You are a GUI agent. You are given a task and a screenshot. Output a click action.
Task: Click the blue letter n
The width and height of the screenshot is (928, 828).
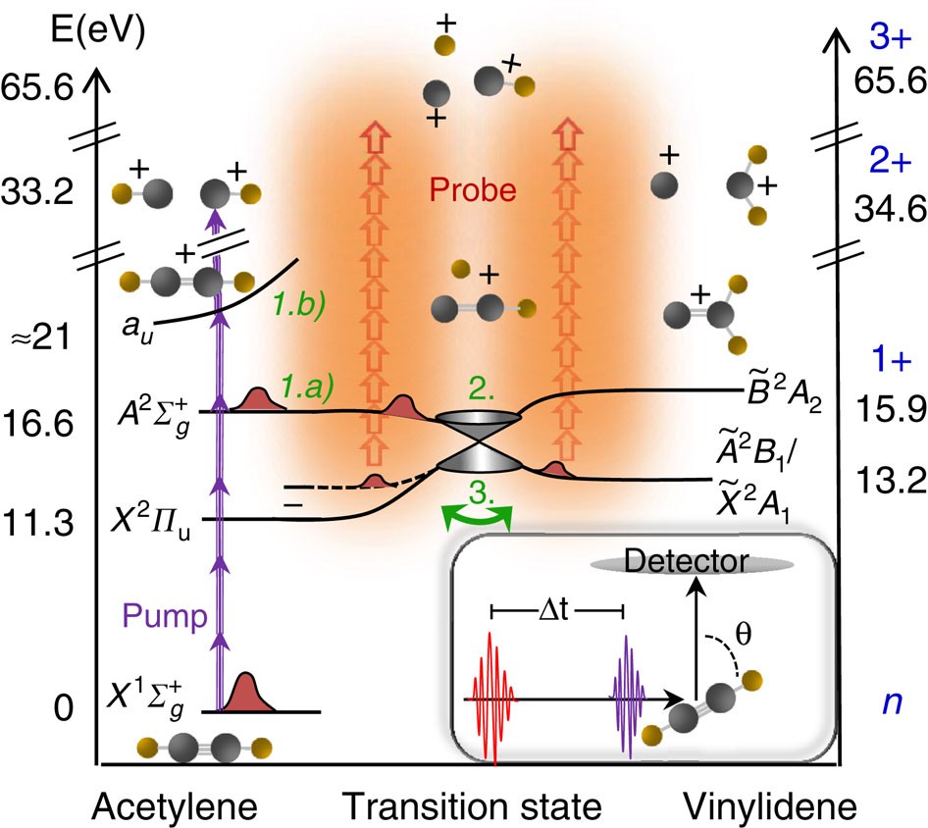click(x=890, y=704)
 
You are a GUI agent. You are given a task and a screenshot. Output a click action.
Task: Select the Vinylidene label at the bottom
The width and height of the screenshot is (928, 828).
click(x=770, y=806)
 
